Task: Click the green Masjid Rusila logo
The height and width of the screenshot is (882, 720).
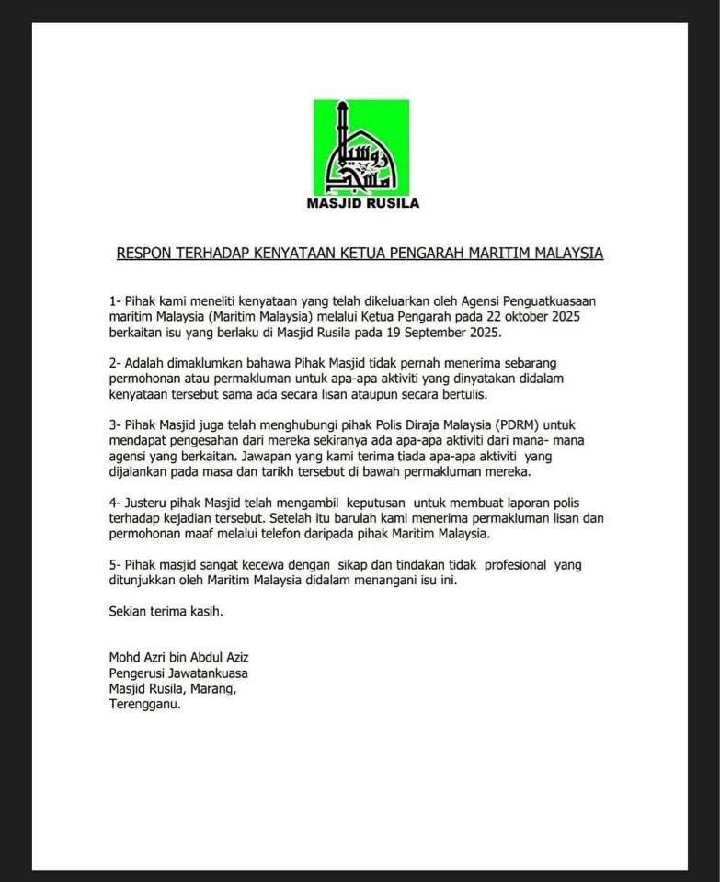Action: (x=361, y=147)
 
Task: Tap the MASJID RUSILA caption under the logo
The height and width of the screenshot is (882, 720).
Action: (x=362, y=204)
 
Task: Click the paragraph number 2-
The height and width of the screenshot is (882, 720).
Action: (x=115, y=363)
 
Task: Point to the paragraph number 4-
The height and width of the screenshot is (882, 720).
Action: (x=115, y=503)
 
